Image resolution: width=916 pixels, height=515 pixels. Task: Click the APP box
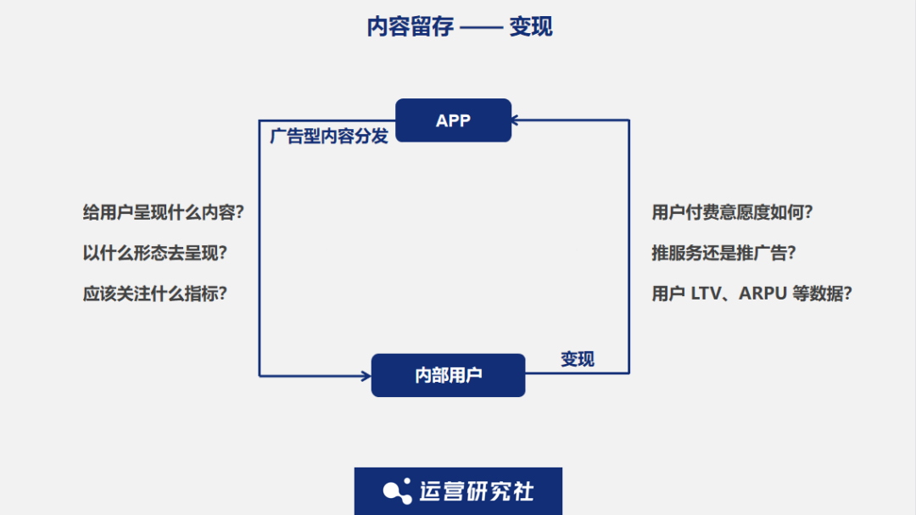(x=453, y=120)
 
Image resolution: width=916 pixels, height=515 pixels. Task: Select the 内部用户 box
(x=448, y=375)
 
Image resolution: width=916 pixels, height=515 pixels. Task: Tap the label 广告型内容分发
(x=329, y=137)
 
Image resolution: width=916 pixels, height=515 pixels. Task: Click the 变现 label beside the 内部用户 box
(x=578, y=359)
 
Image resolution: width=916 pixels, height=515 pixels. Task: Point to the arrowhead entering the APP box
(x=517, y=120)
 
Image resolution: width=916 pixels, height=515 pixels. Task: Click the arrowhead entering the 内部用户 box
(x=366, y=375)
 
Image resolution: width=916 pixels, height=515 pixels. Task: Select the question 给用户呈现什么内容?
(x=163, y=213)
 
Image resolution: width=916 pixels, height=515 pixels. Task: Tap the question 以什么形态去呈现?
(x=155, y=254)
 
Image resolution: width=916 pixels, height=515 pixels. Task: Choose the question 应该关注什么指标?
(x=155, y=294)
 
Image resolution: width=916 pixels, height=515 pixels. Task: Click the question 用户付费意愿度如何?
(x=732, y=213)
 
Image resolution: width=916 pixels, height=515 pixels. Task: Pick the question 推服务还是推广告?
(x=723, y=254)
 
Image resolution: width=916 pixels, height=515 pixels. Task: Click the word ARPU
(x=762, y=294)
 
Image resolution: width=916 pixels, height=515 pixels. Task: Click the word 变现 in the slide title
(x=531, y=26)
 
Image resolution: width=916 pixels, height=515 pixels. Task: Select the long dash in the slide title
(x=480, y=27)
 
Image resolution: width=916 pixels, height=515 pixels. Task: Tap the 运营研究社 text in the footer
(x=477, y=491)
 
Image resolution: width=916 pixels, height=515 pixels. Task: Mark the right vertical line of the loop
(x=629, y=246)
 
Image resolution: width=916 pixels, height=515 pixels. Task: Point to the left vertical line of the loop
(x=260, y=255)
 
